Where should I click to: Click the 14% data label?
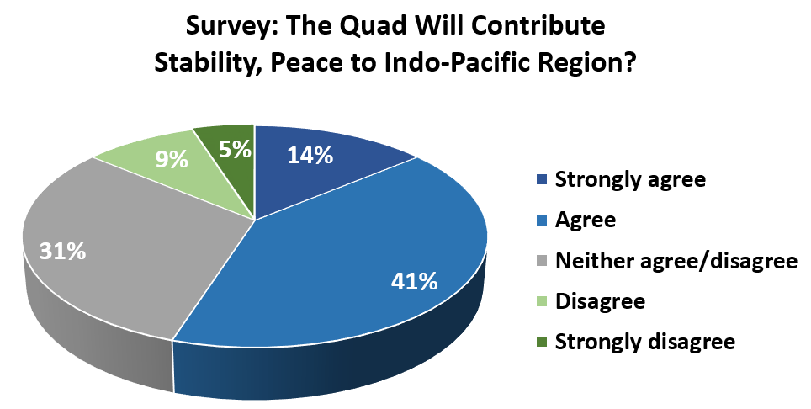pos(310,155)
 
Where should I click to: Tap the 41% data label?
pos(414,282)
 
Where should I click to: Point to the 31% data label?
pos(62,252)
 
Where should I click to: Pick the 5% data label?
pos(236,151)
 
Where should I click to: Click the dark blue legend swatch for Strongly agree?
pos(542,180)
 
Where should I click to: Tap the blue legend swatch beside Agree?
pos(542,220)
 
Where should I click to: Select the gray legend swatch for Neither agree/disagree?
pos(542,261)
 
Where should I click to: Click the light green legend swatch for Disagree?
pos(542,301)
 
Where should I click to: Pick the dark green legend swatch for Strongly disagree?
pos(542,342)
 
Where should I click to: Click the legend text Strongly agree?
pos(630,180)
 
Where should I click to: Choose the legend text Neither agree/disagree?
pos(676,261)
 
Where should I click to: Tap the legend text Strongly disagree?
pos(645,342)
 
